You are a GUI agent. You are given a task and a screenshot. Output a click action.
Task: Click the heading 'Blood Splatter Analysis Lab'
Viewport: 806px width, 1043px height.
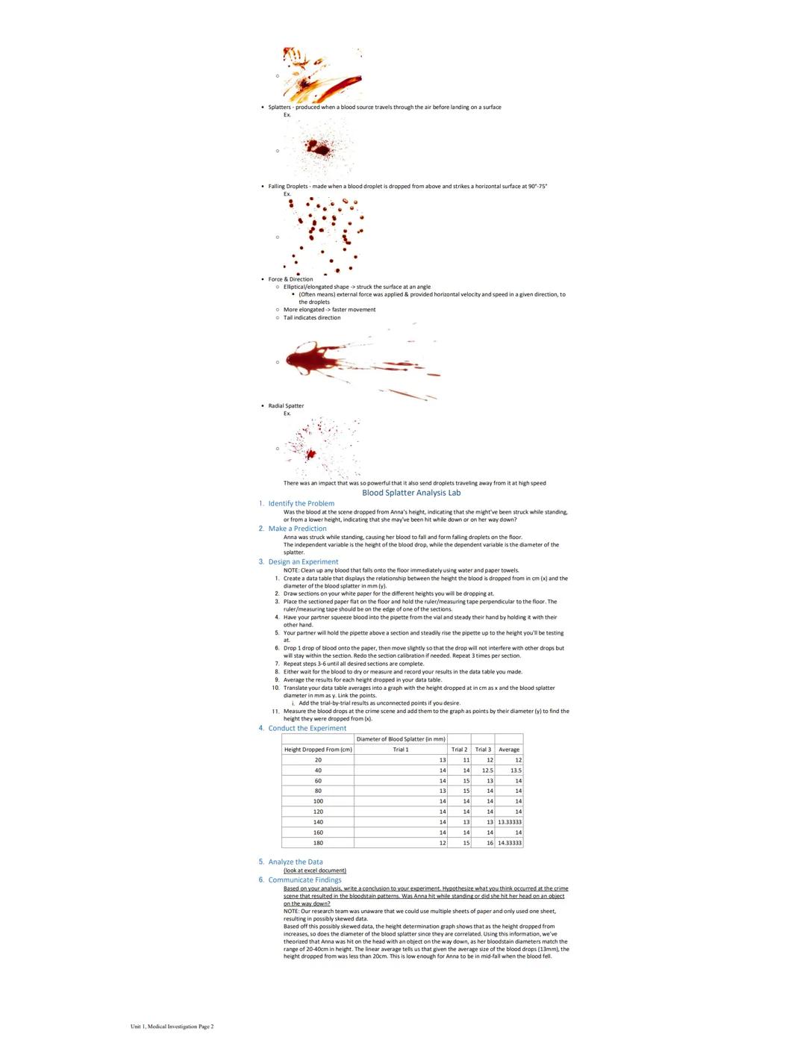tap(411, 493)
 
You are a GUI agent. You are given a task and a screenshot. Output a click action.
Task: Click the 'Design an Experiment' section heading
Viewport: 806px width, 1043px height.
tap(303, 561)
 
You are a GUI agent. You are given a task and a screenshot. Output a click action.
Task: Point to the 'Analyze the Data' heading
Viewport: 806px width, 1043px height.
tap(296, 862)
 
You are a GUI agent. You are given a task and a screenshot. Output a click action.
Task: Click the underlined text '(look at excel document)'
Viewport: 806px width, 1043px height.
tap(314, 871)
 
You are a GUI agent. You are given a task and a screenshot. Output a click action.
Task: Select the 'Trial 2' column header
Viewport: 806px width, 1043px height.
tap(460, 750)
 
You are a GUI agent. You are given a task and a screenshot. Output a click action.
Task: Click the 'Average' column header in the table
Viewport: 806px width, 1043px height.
tap(509, 750)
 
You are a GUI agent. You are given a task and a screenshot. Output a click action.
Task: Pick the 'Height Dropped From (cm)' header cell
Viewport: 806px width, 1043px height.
tap(318, 750)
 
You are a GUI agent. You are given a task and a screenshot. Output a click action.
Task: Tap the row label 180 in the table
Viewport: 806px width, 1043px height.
tap(318, 843)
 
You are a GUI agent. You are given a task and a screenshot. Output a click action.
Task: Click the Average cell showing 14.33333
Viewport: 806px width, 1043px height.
tap(510, 843)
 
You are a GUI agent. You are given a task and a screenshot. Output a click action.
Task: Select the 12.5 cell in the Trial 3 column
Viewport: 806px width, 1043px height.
tap(487, 770)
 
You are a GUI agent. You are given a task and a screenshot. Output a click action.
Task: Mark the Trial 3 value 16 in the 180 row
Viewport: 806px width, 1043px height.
tap(489, 843)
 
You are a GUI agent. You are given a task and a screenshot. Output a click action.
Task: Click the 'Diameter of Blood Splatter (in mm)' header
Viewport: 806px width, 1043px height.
tap(401, 739)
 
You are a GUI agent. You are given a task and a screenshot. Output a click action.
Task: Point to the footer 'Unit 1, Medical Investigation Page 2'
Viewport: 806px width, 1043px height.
tap(172, 1027)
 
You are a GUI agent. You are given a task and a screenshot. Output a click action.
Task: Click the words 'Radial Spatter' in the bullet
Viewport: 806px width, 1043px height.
tap(286, 406)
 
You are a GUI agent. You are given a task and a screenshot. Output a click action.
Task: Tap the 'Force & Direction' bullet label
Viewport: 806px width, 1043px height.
tap(290, 279)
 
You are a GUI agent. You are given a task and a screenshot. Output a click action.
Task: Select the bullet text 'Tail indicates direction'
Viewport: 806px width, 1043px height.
tap(312, 317)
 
